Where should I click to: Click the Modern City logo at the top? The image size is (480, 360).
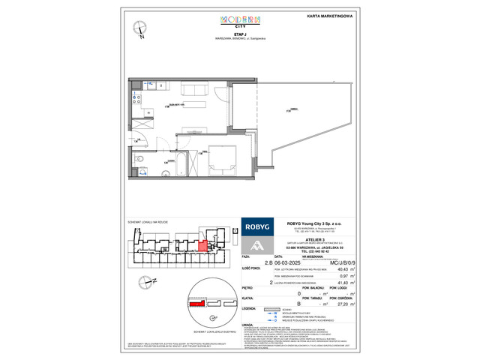click(x=239, y=22)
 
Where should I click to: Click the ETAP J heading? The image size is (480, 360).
click(x=239, y=34)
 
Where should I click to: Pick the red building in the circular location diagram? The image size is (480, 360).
click(x=196, y=304)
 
